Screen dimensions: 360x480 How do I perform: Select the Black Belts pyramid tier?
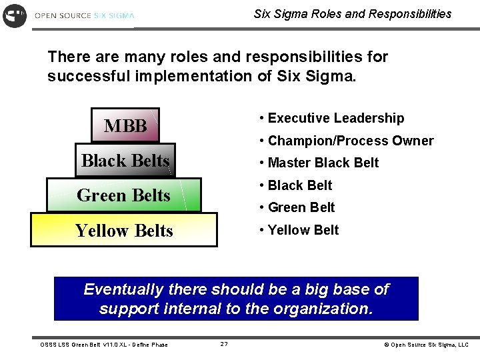(x=125, y=161)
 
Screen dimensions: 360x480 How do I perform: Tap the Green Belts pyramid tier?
(x=123, y=195)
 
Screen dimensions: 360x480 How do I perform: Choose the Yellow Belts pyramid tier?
(x=124, y=231)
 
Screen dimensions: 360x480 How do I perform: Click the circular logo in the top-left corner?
(x=15, y=15)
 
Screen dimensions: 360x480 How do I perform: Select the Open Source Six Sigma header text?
(x=84, y=15)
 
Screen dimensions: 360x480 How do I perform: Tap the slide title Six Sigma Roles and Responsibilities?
(x=353, y=13)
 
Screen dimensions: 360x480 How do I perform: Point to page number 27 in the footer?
(x=224, y=344)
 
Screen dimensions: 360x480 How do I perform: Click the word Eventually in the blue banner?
(x=122, y=290)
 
